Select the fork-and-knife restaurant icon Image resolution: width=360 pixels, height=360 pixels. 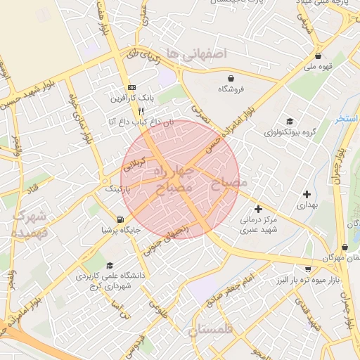pyautogui.click(x=141, y=111)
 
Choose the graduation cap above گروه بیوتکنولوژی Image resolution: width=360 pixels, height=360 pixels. pyautogui.click(x=289, y=121)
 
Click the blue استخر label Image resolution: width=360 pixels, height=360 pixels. pyautogui.click(x=347, y=118)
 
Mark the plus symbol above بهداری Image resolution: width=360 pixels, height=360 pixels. pyautogui.click(x=307, y=193)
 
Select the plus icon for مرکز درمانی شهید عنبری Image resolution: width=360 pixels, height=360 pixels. pyautogui.click(x=259, y=209)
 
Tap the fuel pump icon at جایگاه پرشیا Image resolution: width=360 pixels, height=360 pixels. pyautogui.click(x=122, y=219)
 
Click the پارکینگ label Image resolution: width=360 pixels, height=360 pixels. pyautogui.click(x=117, y=189)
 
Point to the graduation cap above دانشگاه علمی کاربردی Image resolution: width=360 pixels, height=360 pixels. pyautogui.click(x=110, y=265)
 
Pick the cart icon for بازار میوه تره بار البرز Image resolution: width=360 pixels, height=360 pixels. pyautogui.click(x=308, y=269)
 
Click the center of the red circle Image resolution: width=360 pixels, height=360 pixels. pyautogui.click(x=180, y=179)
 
